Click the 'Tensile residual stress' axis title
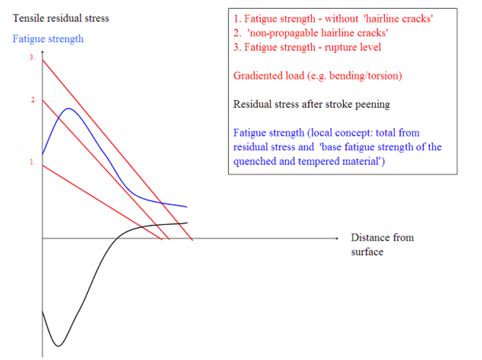pos(61,18)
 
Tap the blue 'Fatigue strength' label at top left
pos(48,38)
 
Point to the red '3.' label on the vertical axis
pos(32,58)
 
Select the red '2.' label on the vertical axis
pos(33,100)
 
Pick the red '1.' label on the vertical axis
pos(32,162)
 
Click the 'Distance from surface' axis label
pos(382,245)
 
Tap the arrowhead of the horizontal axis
pos(336,238)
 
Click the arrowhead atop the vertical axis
pos(43,54)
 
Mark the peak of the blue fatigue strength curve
pos(68,108)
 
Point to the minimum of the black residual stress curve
pos(58,346)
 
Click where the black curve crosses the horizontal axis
pos(118,238)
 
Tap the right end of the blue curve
pos(186,207)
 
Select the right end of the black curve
pos(187,223)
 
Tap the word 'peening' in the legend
pos(372,104)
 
